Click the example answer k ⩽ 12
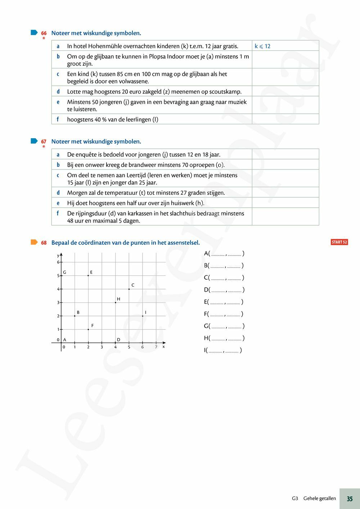[262, 46]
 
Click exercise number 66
[44, 33]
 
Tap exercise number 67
[44, 142]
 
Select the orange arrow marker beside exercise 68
[34, 242]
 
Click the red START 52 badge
[339, 242]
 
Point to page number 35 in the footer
[350, 499]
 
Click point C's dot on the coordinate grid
[129, 289]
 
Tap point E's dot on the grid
[88, 276]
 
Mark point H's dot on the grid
[115, 302]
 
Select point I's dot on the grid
[143, 316]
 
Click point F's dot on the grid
[88, 329]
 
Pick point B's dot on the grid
[75, 316]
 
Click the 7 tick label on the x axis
[156, 347]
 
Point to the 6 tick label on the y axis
[58, 262]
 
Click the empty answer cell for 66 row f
[285, 119]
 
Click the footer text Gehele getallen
[319, 499]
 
